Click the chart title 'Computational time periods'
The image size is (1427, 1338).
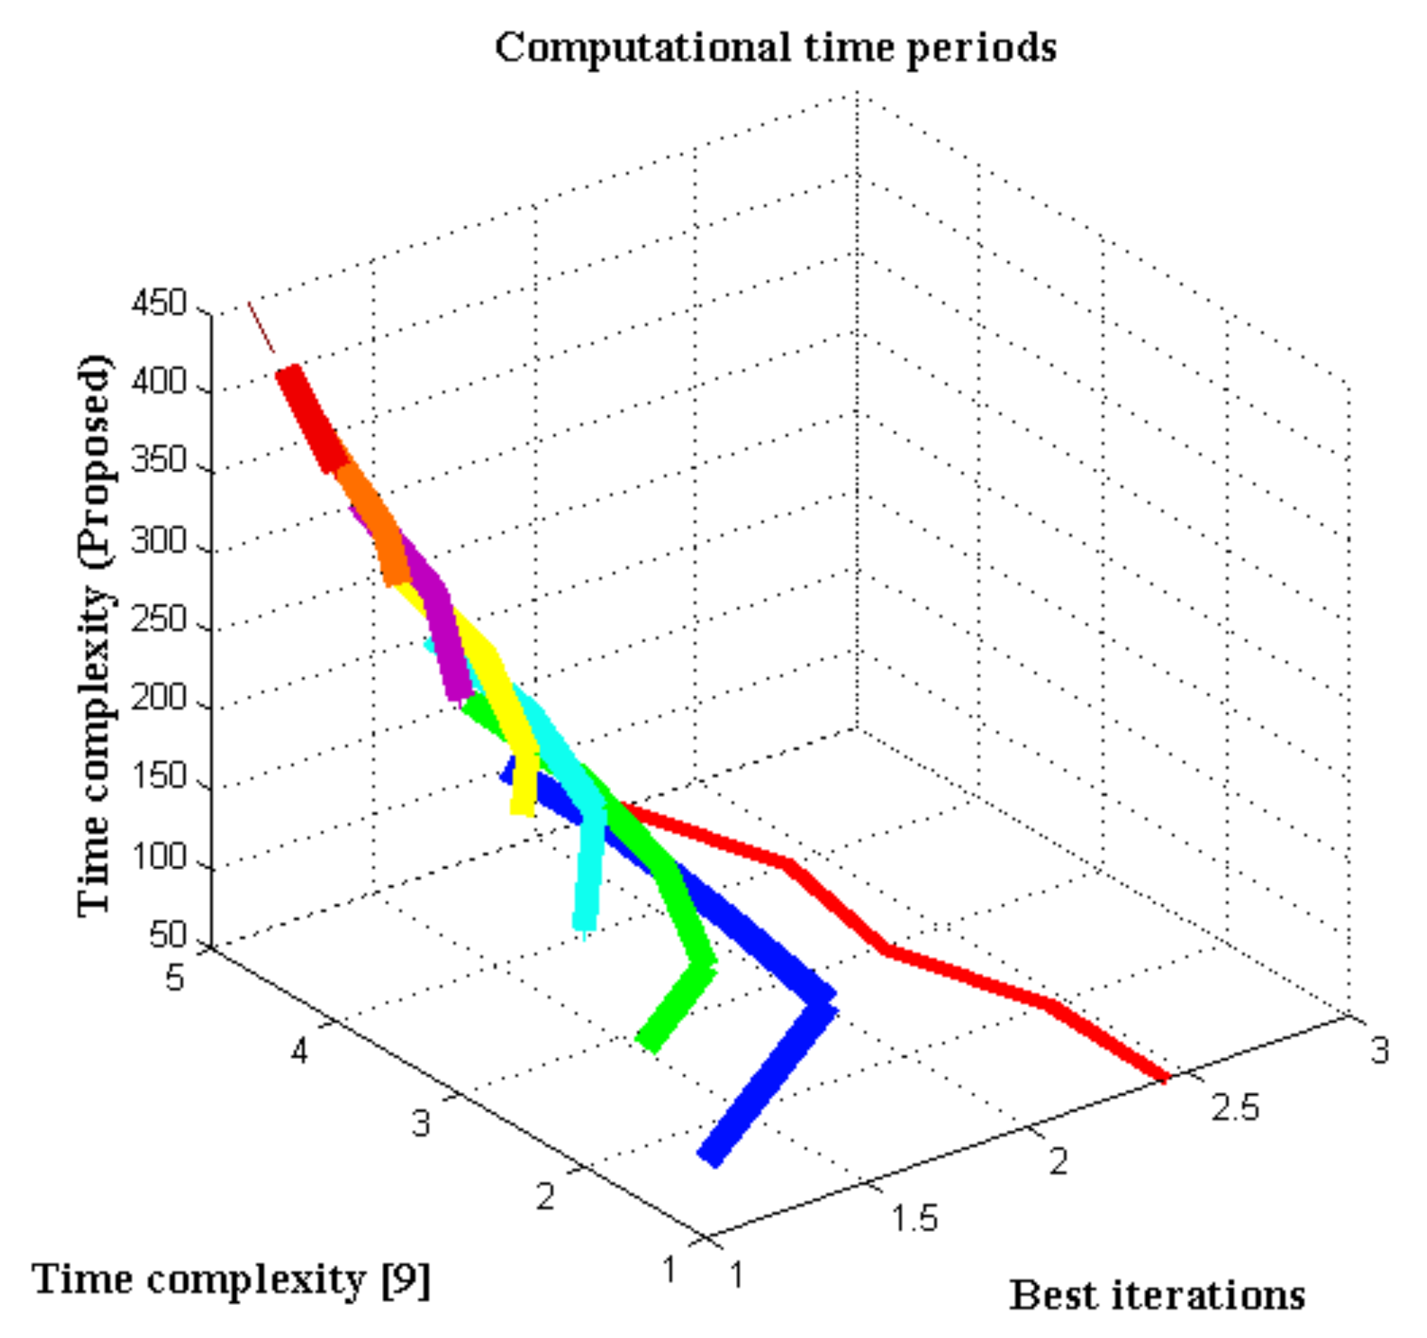click(x=775, y=48)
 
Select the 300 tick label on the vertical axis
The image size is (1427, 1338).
click(x=159, y=540)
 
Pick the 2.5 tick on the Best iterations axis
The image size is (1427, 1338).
click(x=1235, y=1107)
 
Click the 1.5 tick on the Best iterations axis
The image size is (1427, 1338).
click(x=914, y=1219)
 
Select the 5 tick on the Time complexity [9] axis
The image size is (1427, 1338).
click(x=175, y=977)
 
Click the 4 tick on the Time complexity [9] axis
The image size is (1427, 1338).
click(x=300, y=1051)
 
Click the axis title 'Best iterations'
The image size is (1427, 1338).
click(x=1157, y=1297)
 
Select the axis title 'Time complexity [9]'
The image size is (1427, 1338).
click(x=231, y=1280)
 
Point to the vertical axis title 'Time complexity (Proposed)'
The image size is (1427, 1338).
click(x=95, y=635)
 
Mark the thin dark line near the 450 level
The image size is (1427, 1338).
click(x=261, y=327)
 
